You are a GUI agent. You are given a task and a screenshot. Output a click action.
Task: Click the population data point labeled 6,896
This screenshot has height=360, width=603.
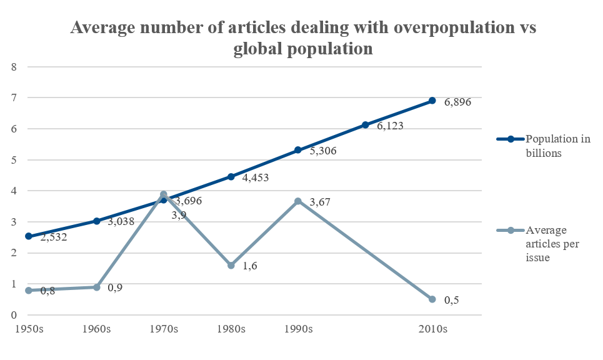(432, 101)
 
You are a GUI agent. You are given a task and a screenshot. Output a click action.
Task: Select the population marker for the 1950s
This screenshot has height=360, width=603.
(29, 236)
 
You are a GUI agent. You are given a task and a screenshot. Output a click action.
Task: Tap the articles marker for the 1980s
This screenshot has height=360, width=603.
(231, 266)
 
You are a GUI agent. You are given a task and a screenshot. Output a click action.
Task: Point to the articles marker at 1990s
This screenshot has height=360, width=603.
(298, 201)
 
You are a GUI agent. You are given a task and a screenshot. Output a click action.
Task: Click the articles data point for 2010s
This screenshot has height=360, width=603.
(432, 299)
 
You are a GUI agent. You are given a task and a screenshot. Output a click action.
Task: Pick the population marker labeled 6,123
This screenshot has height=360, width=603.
(365, 125)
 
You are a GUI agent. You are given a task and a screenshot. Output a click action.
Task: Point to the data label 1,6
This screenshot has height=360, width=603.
(250, 266)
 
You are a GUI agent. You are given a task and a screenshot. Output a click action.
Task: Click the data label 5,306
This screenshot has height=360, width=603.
(322, 151)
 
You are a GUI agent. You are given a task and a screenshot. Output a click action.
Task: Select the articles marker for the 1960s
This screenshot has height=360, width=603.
(96, 287)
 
